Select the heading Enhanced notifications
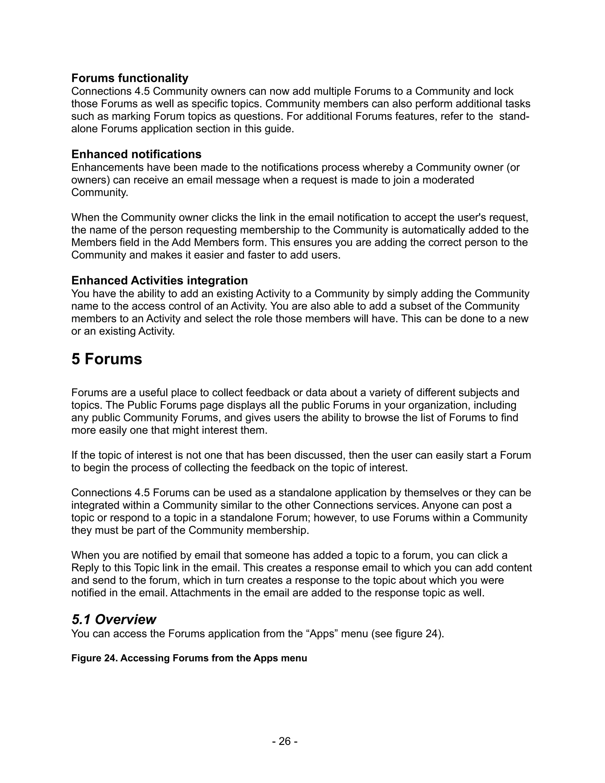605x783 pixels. pos(136,154)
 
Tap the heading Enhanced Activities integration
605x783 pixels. pos(160,280)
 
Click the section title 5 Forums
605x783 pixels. pos(107,359)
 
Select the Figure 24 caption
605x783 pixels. pos(189,658)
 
